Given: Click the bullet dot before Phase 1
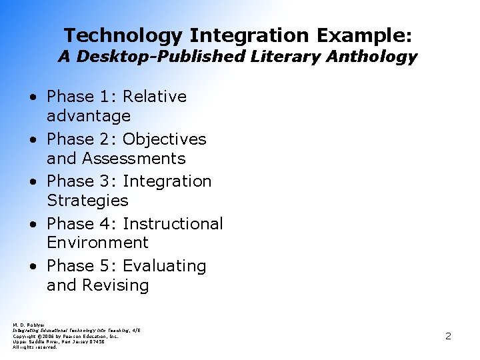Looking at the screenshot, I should click(x=33, y=97).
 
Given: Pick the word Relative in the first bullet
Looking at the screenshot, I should click(x=155, y=97).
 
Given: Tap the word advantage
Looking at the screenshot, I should click(x=88, y=116).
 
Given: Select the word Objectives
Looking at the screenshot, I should click(x=164, y=139).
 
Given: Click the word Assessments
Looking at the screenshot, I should click(x=133, y=158).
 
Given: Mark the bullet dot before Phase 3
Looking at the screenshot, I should click(x=33, y=182).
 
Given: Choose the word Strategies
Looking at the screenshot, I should click(x=87, y=200).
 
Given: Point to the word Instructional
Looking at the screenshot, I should click(x=173, y=223).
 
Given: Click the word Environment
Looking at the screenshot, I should click(x=97, y=242).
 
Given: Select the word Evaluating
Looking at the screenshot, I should click(x=165, y=265).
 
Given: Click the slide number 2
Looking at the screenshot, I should click(x=448, y=336).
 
